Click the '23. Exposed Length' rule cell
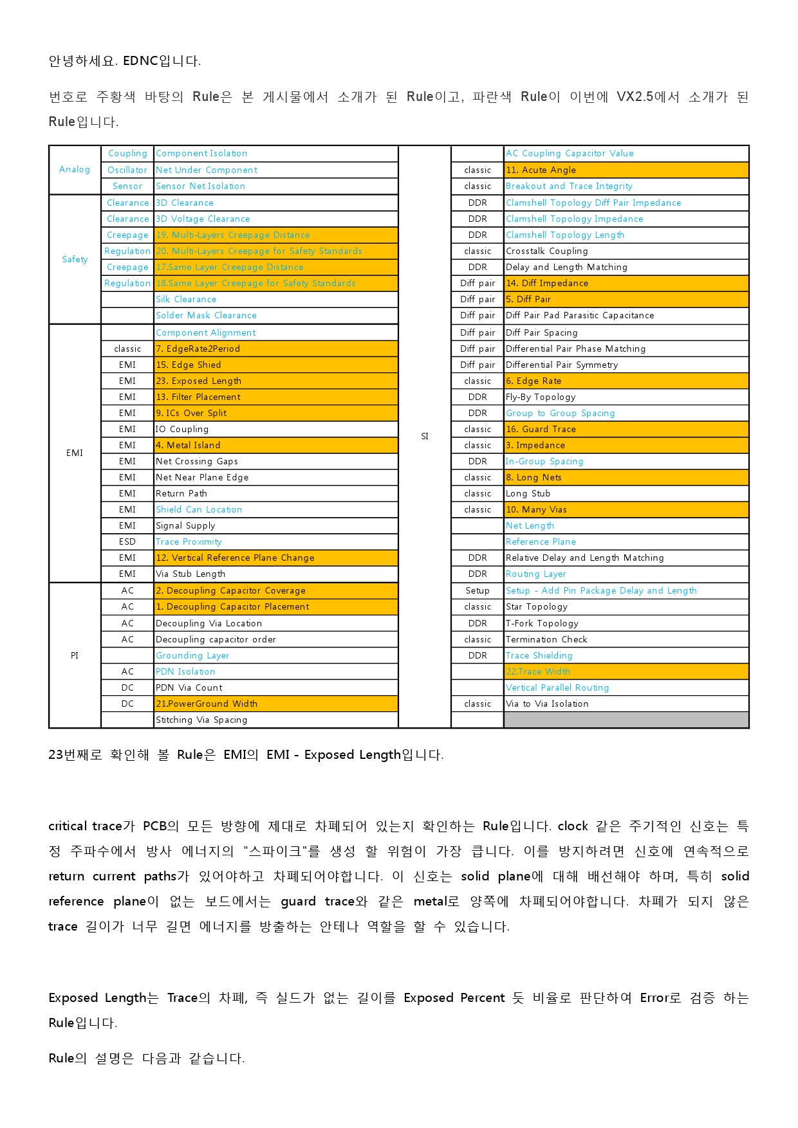[x=198, y=381]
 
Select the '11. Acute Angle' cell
[x=541, y=170]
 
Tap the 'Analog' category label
[x=75, y=169]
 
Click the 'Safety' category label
[x=75, y=259]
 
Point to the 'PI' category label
[x=75, y=655]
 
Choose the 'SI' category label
[x=425, y=436]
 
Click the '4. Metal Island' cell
[x=188, y=445]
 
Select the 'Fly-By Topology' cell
[x=541, y=397]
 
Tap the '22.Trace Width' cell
[x=538, y=671]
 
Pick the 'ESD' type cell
[x=127, y=541]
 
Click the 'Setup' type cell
[x=478, y=590]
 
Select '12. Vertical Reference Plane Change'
[x=235, y=558]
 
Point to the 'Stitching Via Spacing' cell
[x=201, y=720]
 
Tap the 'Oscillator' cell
[x=127, y=170]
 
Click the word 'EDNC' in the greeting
[x=140, y=61]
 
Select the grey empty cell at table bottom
[x=626, y=720]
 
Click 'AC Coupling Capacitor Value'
[x=570, y=153]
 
